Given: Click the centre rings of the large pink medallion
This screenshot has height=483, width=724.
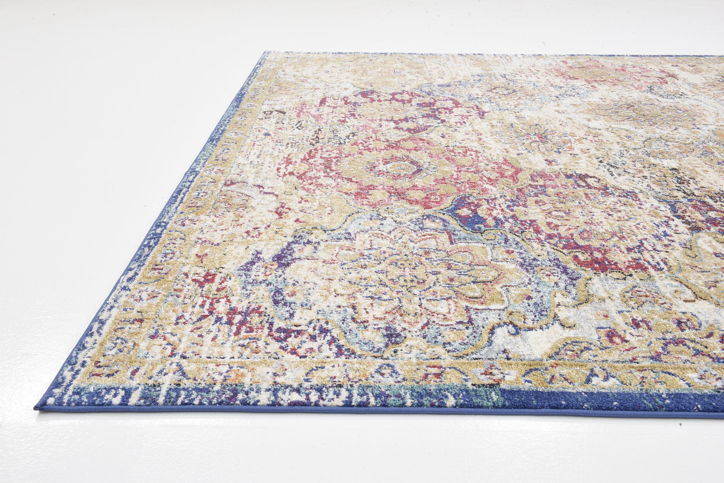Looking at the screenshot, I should point(389,168).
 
